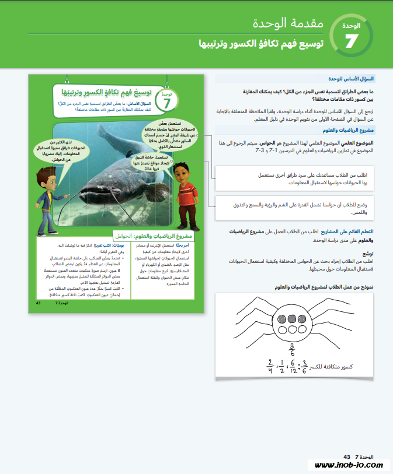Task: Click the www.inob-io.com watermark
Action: [x=349, y=465]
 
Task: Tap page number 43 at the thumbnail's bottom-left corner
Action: [x=37, y=304]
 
